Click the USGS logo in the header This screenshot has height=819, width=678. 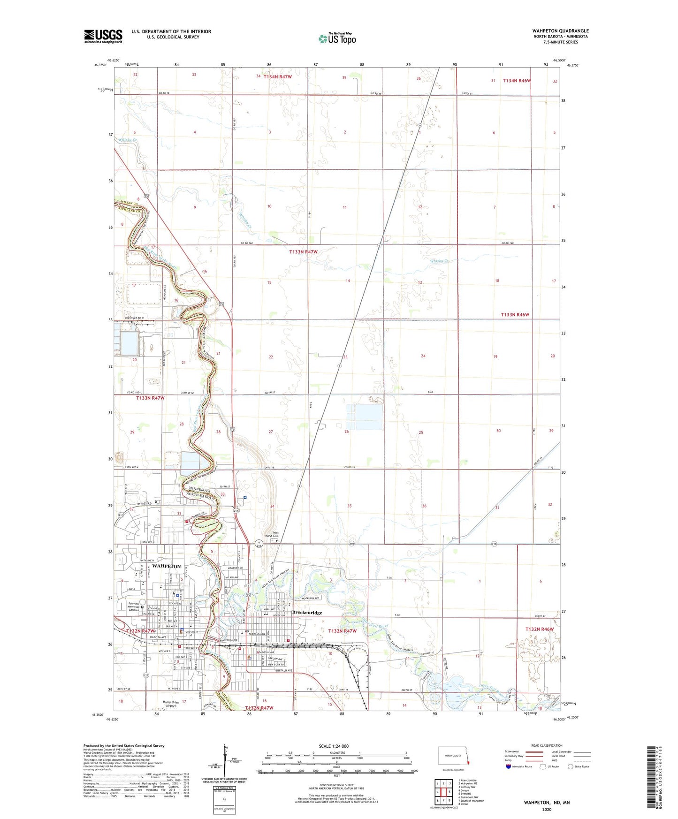103,36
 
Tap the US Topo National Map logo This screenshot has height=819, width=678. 337,38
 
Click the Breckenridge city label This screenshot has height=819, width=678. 307,613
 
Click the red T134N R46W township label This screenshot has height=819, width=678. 517,81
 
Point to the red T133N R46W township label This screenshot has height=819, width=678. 515,315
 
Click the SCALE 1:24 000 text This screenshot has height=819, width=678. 334,746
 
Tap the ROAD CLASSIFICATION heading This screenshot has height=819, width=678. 547,745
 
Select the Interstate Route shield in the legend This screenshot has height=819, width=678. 509,766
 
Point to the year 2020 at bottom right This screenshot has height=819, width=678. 547,809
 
